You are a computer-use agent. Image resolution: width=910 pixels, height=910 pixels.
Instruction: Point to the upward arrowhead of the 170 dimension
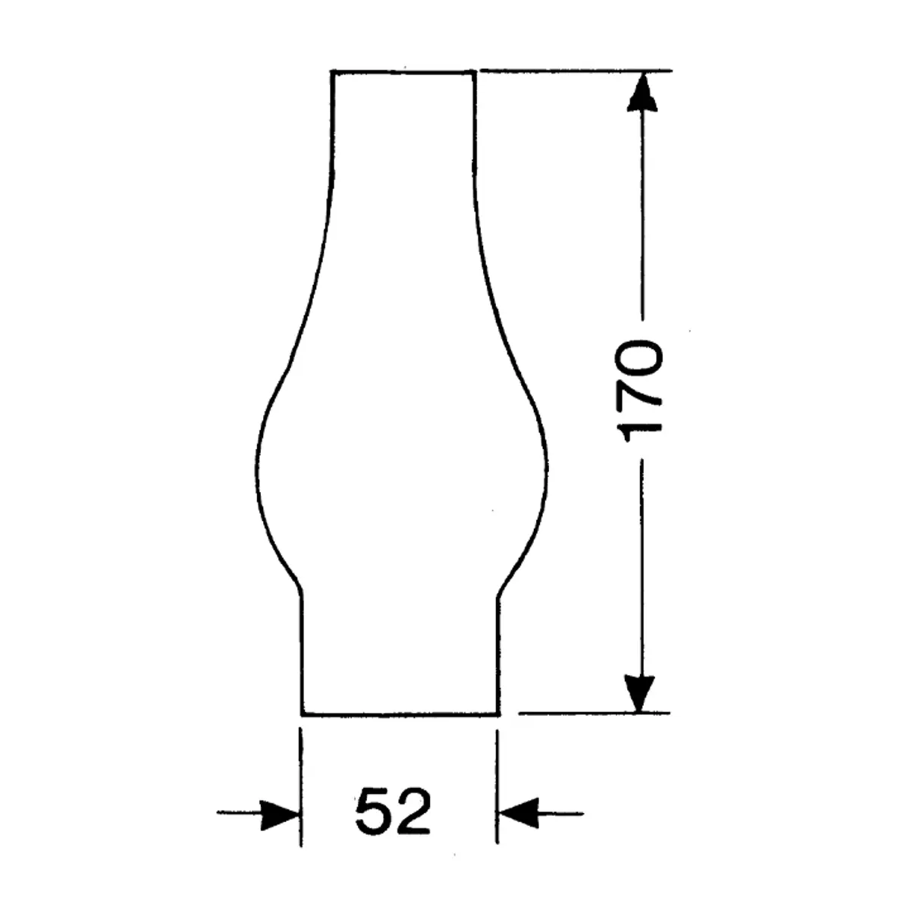(x=642, y=91)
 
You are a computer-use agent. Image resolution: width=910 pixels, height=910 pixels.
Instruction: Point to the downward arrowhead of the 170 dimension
(x=642, y=692)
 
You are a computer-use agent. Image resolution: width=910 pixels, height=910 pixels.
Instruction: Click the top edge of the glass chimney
(x=403, y=71)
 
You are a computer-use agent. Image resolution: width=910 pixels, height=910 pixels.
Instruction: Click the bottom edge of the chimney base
(x=400, y=714)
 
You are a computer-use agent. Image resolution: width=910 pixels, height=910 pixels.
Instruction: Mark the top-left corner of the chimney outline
(x=332, y=71)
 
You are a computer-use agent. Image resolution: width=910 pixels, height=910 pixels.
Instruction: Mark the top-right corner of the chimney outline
(x=475, y=71)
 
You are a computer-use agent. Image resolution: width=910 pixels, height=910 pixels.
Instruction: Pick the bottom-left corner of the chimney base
(x=302, y=714)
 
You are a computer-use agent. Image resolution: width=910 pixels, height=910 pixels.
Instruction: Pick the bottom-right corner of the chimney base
(x=498, y=714)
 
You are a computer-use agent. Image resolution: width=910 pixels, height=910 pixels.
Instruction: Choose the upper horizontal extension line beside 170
(x=576, y=71)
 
